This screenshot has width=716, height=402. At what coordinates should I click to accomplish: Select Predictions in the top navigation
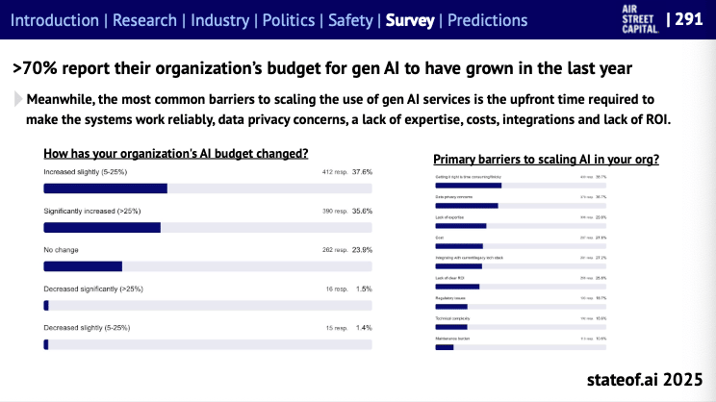pyautogui.click(x=487, y=20)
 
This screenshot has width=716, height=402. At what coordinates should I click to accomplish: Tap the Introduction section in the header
pyautogui.click(x=55, y=20)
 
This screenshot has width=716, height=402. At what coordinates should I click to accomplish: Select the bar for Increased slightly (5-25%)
pyautogui.click(x=106, y=188)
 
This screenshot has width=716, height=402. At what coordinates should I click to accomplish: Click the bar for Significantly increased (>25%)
pyautogui.click(x=102, y=227)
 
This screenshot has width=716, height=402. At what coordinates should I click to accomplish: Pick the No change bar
pyautogui.click(x=84, y=266)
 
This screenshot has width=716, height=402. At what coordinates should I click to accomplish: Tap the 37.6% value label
pyautogui.click(x=362, y=172)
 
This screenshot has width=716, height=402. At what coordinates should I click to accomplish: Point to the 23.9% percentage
pyautogui.click(x=362, y=250)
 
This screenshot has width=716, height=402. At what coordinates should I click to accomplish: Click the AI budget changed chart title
pyautogui.click(x=176, y=152)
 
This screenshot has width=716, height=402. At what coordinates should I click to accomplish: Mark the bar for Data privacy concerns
pyautogui.click(x=466, y=205)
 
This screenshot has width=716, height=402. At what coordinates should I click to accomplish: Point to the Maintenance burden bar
pyautogui.click(x=444, y=347)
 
